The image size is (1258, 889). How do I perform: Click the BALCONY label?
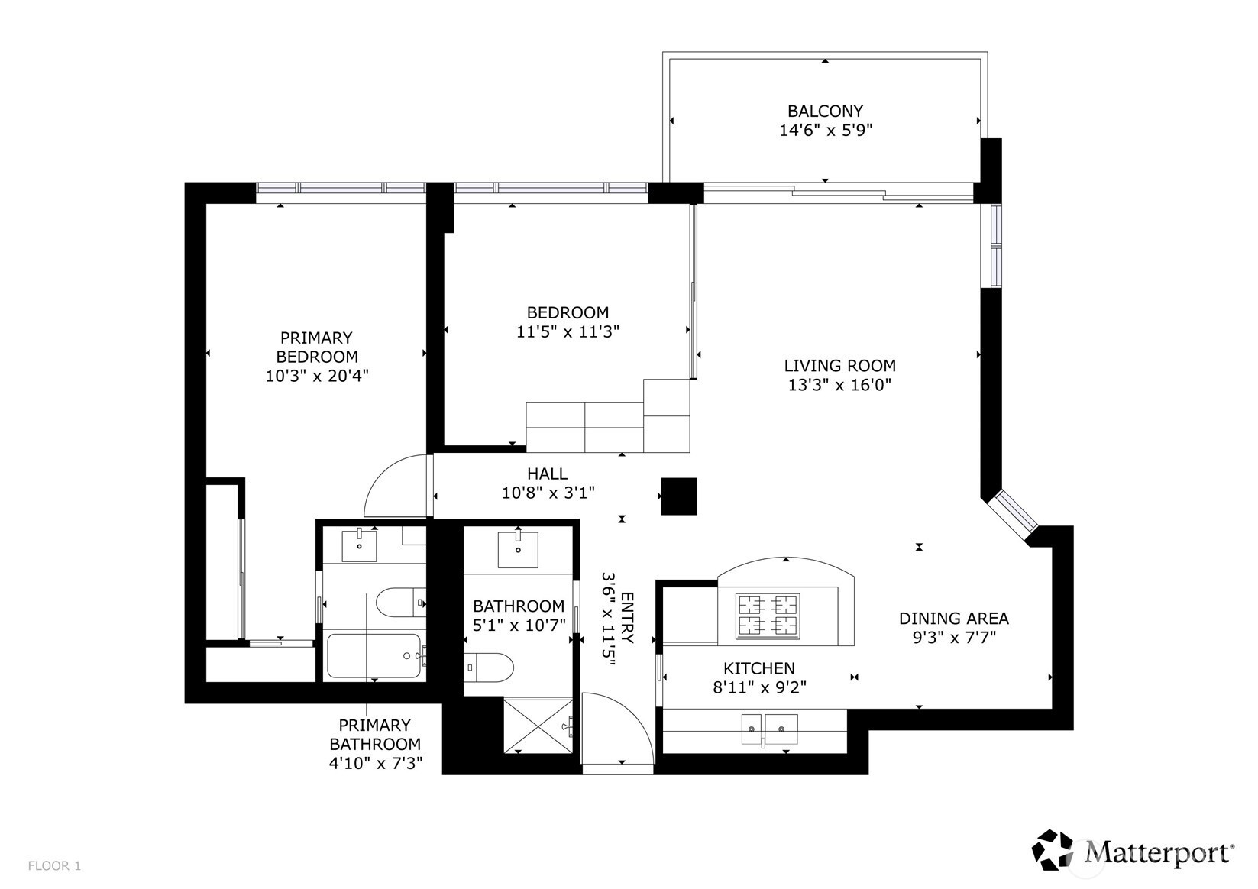[825, 111]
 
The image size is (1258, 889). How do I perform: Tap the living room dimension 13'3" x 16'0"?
[839, 385]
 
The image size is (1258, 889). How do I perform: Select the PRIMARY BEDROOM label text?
[316, 347]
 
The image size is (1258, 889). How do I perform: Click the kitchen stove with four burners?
[768, 616]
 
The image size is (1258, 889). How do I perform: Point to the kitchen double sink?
[769, 729]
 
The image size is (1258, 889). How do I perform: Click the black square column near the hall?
[678, 496]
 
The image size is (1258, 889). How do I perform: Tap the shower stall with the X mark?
[538, 725]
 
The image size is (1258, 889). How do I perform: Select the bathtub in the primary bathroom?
[374, 655]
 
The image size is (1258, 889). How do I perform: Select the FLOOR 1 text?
[54, 866]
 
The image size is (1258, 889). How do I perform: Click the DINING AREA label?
[953, 618]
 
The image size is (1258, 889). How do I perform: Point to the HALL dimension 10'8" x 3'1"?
[548, 493]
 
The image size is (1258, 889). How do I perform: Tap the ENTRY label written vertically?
[627, 617]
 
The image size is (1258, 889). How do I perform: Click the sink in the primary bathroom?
[359, 546]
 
